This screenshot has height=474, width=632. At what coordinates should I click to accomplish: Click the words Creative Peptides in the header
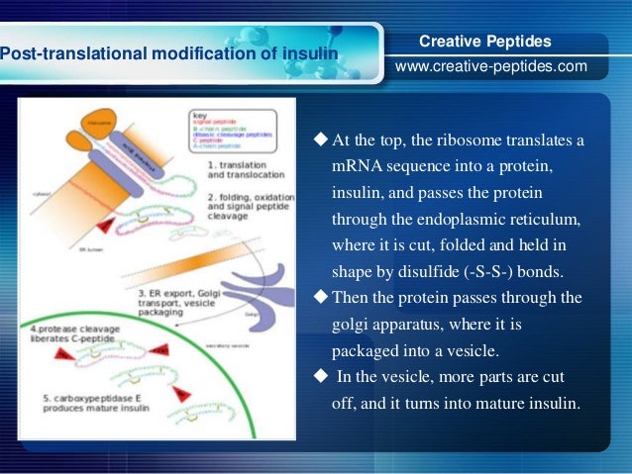[x=485, y=42]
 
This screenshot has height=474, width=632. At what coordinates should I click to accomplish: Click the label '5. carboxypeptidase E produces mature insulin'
[x=90, y=405]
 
